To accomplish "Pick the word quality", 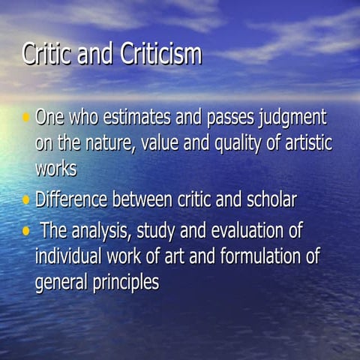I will point(239,143).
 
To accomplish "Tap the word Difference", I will point(73,200).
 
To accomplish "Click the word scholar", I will point(267,200).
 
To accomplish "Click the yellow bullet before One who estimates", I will point(27,118).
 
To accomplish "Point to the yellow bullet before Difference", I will point(27,200).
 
